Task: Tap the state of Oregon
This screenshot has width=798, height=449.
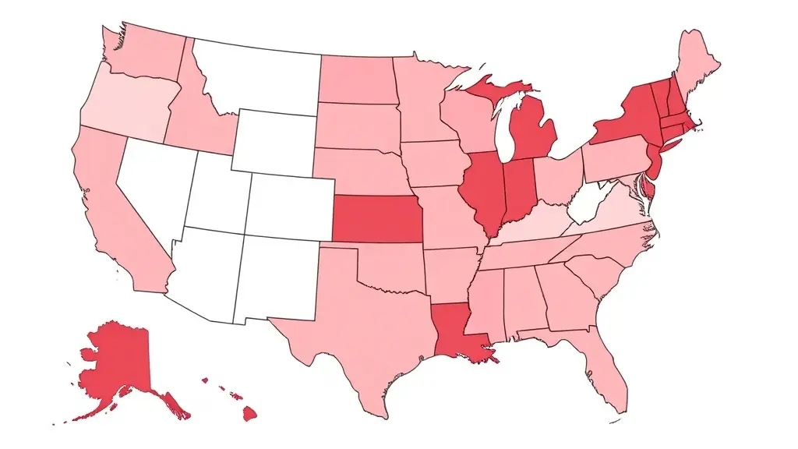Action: coord(125,101)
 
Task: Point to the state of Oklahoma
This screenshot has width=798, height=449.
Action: coord(390,269)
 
